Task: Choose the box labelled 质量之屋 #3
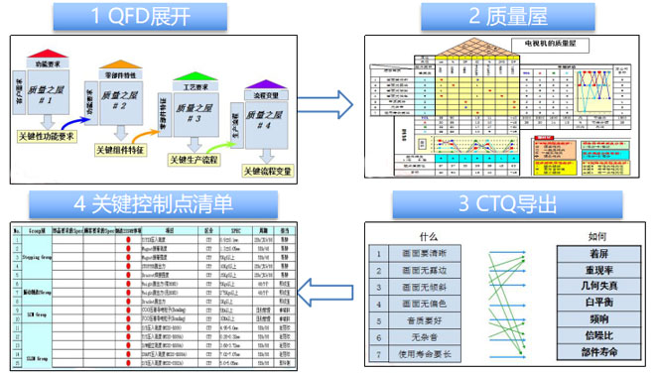click(194, 117)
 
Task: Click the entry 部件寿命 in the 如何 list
click(597, 354)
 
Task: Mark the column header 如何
click(597, 237)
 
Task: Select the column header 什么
click(429, 237)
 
